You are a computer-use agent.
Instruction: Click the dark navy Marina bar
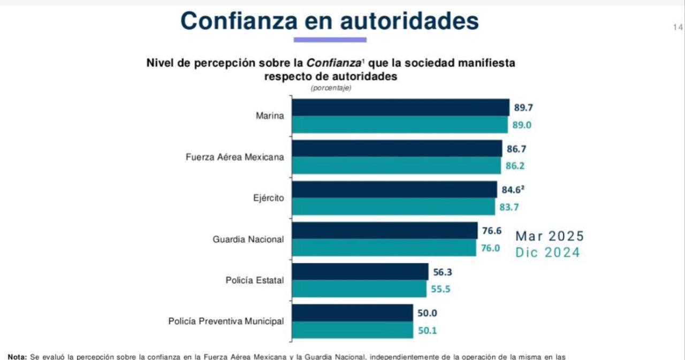(400, 108)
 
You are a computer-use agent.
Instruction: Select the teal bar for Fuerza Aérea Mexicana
(397, 166)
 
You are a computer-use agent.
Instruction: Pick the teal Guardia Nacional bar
(384, 248)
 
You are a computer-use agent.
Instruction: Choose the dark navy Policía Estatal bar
(360, 272)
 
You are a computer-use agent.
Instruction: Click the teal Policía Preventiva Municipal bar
(353, 330)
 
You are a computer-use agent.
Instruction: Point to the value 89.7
(523, 108)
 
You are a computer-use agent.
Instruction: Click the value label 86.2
(515, 166)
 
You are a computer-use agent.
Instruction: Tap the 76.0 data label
(490, 248)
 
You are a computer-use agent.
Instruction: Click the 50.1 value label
(427, 331)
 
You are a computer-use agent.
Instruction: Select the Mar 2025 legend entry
(550, 236)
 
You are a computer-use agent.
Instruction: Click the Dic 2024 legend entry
(547, 252)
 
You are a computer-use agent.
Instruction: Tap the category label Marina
(270, 116)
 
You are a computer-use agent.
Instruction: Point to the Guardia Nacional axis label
(248, 239)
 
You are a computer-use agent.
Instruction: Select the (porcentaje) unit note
(331, 88)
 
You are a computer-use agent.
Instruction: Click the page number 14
(678, 27)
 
